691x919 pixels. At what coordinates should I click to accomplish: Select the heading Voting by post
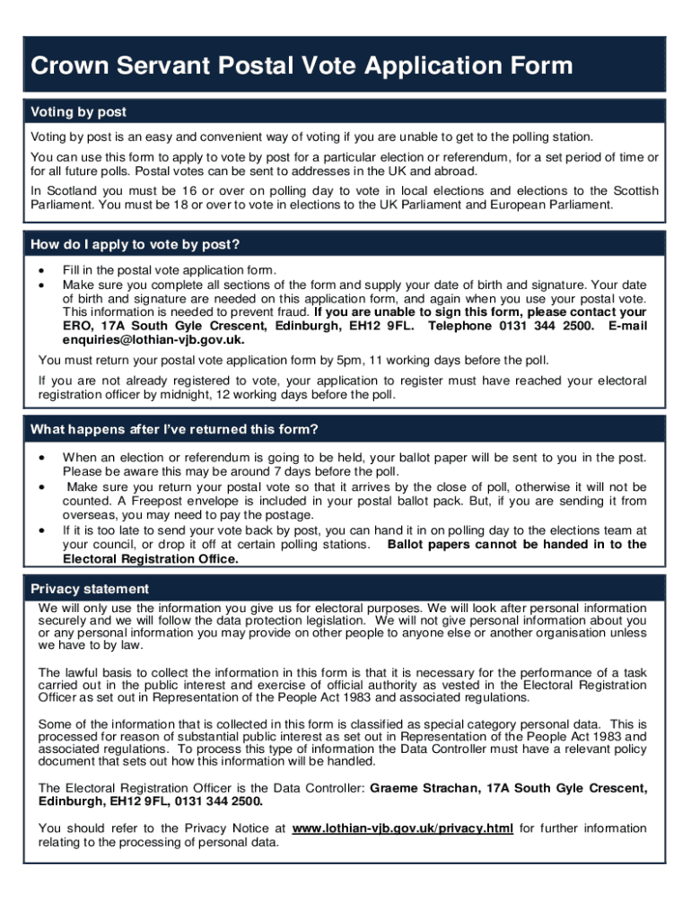(78, 112)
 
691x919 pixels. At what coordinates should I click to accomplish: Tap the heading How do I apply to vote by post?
(135, 245)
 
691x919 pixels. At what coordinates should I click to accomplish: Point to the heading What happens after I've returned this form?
(174, 429)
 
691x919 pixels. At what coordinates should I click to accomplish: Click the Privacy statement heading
(90, 589)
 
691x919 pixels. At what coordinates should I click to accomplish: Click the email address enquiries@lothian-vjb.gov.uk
(153, 340)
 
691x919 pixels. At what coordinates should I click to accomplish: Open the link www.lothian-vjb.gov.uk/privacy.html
(403, 828)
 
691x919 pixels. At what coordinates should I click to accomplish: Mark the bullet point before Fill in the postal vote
(42, 270)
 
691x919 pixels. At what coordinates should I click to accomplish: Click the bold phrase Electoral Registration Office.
(150, 558)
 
